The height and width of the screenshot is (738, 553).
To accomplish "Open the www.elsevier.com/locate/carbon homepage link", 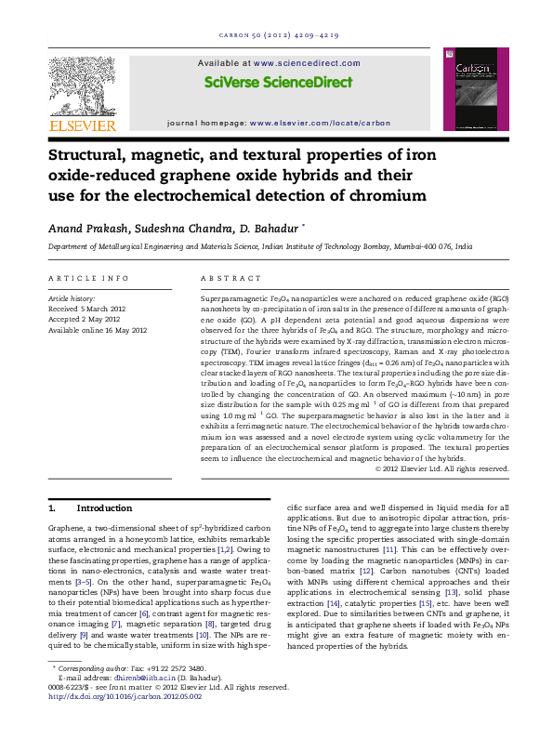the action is click(320, 123).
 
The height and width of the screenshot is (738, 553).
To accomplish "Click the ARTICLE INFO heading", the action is click(88, 278).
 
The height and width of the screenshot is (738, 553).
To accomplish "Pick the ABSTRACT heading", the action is click(224, 278).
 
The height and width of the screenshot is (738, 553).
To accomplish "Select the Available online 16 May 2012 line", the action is click(97, 330).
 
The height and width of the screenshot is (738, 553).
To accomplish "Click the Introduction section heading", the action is click(103, 508).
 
